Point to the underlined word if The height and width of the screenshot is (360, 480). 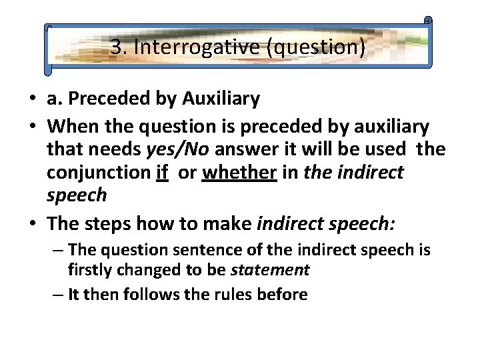click(161, 173)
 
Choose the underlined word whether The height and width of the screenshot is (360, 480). click(239, 173)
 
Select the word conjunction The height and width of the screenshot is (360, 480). click(98, 173)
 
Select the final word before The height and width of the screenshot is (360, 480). click(286, 294)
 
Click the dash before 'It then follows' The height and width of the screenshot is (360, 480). click(59, 294)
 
